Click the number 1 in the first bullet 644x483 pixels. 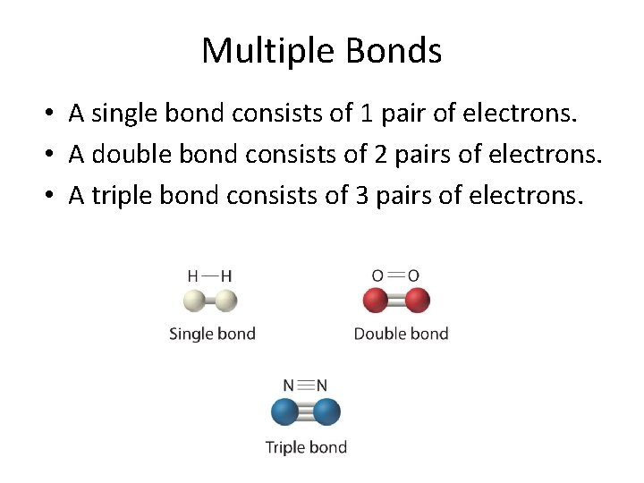pyautogui.click(x=366, y=114)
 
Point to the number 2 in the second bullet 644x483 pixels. pyautogui.click(x=382, y=155)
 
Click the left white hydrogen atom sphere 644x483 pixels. pyautogui.click(x=197, y=301)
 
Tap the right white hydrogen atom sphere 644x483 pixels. pyautogui.click(x=225, y=301)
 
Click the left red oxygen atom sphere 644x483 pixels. pyautogui.click(x=376, y=301)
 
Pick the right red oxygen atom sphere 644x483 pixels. pyautogui.click(x=417, y=301)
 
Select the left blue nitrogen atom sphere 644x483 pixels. pyautogui.click(x=285, y=412)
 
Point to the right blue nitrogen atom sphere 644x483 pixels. pyautogui.click(x=326, y=412)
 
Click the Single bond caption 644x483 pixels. pyautogui.click(x=212, y=335)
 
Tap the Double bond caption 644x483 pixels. pyautogui.click(x=401, y=335)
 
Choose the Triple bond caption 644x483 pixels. pyautogui.click(x=306, y=446)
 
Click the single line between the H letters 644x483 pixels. pyautogui.click(x=210, y=275)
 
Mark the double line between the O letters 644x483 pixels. pyautogui.click(x=395, y=275)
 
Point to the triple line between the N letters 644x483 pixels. pyautogui.click(x=305, y=386)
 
